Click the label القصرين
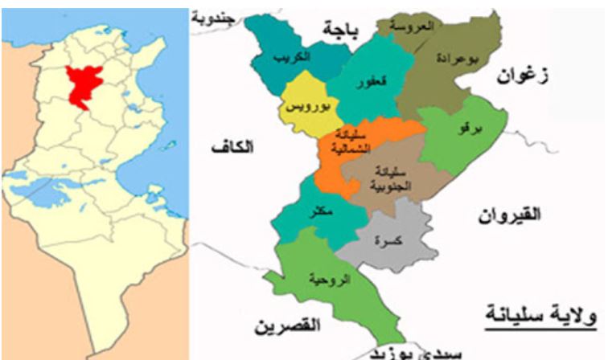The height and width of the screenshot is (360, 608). [287, 325]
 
